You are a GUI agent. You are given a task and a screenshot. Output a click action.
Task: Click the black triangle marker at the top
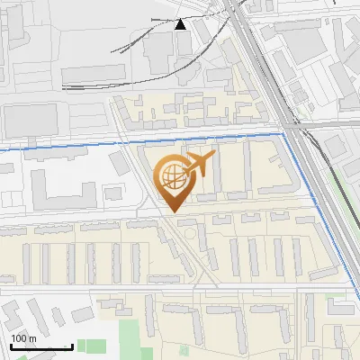(x=181, y=24)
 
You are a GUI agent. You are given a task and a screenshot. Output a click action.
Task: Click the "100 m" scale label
(x=23, y=337)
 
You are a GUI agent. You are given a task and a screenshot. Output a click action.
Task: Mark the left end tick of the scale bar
(x=11, y=346)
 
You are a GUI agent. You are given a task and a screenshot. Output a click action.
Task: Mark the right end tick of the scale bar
(x=72, y=346)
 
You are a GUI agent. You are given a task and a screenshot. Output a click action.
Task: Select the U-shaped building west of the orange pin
(x=63, y=189)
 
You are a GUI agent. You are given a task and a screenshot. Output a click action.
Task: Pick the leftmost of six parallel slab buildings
(x=27, y=261)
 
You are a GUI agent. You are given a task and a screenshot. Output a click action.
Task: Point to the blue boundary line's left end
(x=2, y=147)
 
